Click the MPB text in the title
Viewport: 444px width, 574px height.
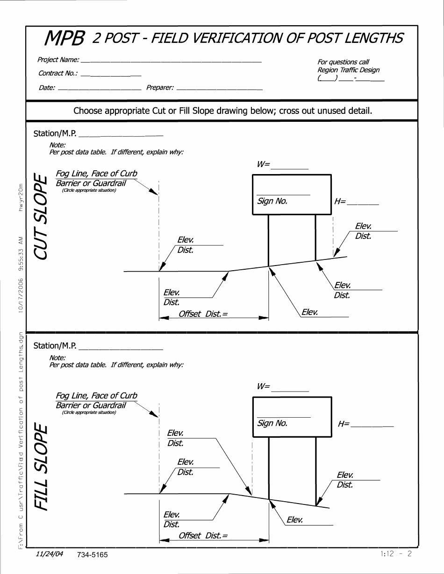point(64,39)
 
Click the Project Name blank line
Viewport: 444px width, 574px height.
point(171,61)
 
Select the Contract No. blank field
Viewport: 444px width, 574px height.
point(111,75)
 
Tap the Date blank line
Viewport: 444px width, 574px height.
point(100,88)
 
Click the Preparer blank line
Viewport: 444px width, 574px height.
point(219,88)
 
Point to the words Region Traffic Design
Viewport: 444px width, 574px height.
point(348,70)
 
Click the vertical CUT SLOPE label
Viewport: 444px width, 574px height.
point(41,217)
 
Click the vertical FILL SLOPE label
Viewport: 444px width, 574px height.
point(41,467)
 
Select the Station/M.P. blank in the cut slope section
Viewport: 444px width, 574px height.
point(121,135)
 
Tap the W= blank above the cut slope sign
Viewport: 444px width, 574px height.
point(290,168)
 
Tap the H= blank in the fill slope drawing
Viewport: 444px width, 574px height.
point(372,426)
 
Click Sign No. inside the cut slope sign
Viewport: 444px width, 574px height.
point(272,202)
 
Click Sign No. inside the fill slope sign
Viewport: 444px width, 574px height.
point(272,424)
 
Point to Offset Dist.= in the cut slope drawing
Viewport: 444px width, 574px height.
point(203,314)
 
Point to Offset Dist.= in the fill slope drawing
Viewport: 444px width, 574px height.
point(203,536)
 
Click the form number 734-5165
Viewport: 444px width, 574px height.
point(93,555)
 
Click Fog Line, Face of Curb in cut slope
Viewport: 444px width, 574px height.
point(96,174)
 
